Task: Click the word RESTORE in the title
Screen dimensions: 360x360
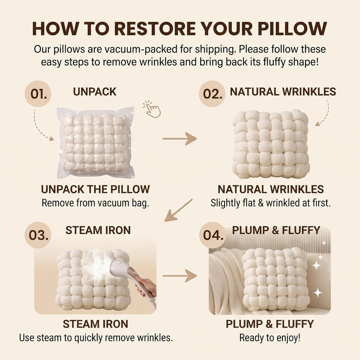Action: click(154, 29)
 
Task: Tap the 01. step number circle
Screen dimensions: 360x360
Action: click(38, 94)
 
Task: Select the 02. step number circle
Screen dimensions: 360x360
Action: click(212, 94)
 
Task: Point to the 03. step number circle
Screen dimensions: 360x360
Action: click(38, 235)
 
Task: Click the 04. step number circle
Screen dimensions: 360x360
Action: click(212, 235)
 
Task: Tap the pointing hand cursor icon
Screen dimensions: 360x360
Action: click(152, 109)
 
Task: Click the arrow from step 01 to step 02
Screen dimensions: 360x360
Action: click(180, 139)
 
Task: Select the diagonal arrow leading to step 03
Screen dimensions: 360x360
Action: click(179, 210)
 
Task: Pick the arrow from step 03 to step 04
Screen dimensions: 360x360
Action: click(180, 275)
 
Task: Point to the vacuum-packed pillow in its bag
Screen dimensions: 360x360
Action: click(95, 143)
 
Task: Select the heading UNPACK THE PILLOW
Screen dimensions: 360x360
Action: click(95, 189)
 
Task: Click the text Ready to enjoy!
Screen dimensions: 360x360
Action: click(270, 338)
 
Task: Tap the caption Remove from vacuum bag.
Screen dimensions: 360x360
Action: click(95, 203)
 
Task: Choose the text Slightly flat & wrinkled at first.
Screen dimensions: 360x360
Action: click(271, 203)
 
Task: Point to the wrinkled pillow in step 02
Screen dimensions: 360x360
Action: click(271, 144)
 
